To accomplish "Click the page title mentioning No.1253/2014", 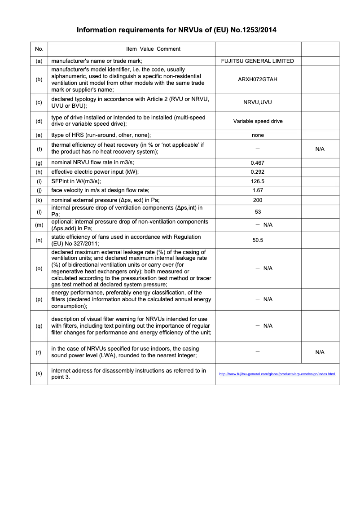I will pos(176,30).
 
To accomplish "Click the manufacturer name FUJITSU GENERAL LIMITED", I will pos(258,61).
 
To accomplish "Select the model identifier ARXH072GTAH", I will pos(258,79).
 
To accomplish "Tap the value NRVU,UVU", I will pos(258,102).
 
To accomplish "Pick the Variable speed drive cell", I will pos(258,121).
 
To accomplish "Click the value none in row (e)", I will pos(258,135).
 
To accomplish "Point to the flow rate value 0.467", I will pos(258,162).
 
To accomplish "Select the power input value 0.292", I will pos(258,172).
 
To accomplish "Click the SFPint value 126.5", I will pos(258,181).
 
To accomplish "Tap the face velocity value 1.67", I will pos(258,191).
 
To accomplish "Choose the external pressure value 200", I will pos(258,200).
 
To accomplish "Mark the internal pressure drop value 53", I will pos(258,211).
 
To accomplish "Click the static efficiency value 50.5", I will pos(258,240).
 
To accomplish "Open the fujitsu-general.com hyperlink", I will pos(277,374).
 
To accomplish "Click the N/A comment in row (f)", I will pos(320,149).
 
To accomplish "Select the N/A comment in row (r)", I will pos(320,352).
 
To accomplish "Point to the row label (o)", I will pos(39,268).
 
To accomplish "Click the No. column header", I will pos(39,49).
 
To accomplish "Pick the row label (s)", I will pos(39,373).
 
